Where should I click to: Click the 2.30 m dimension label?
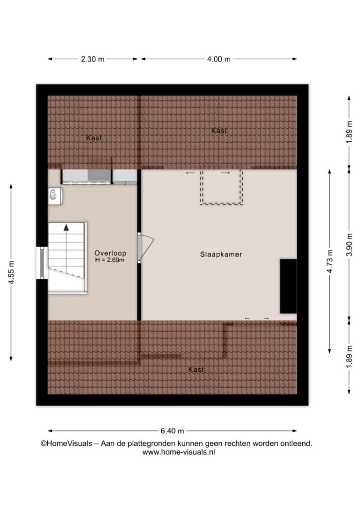point(92,59)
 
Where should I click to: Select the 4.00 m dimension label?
point(219,59)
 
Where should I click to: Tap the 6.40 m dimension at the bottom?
point(172,431)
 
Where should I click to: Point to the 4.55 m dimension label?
point(11,272)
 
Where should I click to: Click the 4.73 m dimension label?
point(330,261)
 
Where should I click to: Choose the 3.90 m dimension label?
point(349,245)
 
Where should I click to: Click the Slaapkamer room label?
point(221,254)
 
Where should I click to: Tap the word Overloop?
point(110,253)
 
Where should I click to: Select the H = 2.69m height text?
point(110,259)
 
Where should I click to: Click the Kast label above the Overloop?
point(94,138)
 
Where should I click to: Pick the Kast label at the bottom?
point(196,369)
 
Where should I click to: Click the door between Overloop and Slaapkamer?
point(145,248)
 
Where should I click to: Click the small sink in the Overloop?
point(55,196)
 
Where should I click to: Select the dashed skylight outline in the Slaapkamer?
point(221,187)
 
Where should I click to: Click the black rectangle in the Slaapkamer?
point(288,286)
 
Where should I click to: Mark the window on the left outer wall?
point(42,263)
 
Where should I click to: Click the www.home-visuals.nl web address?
point(179,452)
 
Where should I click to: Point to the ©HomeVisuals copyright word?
point(66,443)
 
